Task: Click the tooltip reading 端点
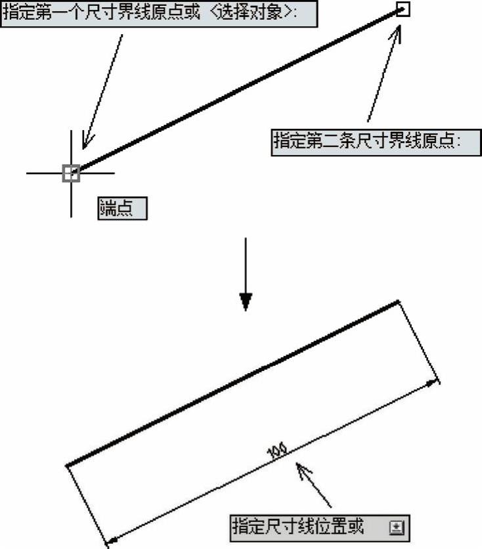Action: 123,208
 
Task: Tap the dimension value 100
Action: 277,451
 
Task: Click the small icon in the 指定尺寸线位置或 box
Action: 397,527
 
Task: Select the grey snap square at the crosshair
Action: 71,173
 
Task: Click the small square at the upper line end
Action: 403,9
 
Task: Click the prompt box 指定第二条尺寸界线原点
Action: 376,143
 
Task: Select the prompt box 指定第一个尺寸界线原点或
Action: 160,13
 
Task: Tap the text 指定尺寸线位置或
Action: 298,527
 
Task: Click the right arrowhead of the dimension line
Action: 434,384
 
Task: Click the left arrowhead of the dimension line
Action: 112,541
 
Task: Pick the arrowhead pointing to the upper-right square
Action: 397,33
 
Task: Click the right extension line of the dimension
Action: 419,342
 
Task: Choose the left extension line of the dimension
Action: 87,506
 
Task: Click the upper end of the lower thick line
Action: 398,301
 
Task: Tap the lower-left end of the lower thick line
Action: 68,466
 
